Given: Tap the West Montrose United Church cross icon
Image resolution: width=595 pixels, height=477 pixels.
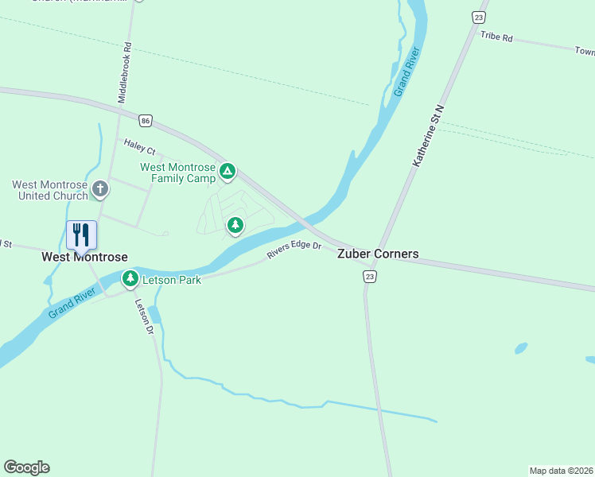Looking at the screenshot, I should (99, 189).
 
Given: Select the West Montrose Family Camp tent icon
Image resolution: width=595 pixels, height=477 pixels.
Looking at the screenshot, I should (227, 170).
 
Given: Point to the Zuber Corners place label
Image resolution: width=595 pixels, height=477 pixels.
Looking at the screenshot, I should (378, 254).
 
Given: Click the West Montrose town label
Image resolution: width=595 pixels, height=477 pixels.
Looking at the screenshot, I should (84, 258).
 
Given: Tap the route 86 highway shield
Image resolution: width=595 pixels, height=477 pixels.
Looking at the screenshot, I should (144, 120).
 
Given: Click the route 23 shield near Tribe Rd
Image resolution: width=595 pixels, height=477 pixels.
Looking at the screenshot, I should (478, 17).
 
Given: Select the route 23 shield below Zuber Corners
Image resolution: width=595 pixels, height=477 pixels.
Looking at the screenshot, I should (369, 276).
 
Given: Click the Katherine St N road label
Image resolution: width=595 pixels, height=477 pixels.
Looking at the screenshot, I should (427, 134).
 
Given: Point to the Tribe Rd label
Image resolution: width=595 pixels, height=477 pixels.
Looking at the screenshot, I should (496, 37).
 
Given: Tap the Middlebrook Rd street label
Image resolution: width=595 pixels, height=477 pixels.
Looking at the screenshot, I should (123, 72).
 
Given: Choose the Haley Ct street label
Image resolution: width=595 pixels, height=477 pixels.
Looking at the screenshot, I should (139, 147).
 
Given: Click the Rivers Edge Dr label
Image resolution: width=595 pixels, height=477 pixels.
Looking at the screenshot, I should (294, 250).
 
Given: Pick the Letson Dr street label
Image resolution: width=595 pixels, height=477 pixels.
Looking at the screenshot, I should (143, 316).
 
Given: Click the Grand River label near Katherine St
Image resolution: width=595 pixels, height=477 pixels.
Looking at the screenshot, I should (406, 72).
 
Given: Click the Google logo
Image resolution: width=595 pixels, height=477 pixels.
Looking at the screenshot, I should (26, 467).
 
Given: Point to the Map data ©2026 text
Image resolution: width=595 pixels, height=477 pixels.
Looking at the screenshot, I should (561, 471).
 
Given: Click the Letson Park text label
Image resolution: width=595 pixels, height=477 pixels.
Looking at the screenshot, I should (172, 280).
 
